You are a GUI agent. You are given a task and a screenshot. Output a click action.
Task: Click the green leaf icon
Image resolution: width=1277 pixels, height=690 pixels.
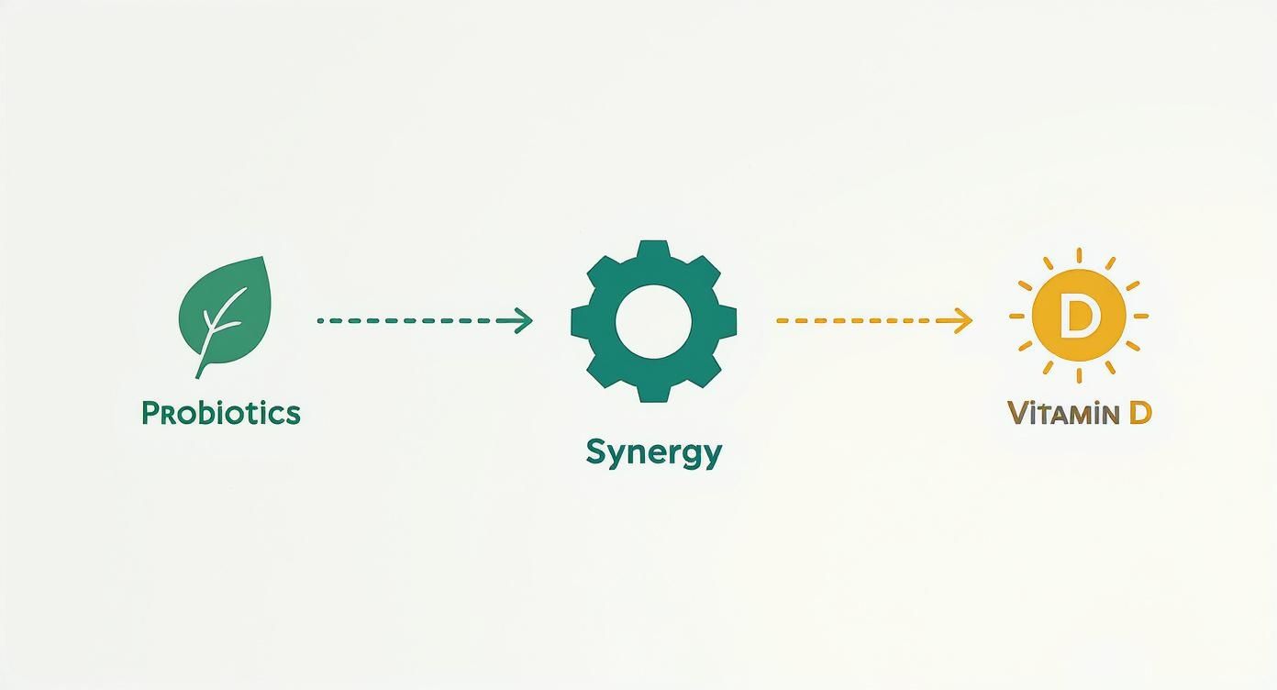point(225,317)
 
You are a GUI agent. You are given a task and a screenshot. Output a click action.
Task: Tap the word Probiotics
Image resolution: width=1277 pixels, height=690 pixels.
point(221,413)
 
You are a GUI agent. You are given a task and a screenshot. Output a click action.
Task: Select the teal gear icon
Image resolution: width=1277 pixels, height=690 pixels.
point(654,321)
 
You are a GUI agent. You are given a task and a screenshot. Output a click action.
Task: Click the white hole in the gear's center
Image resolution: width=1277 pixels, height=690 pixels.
point(654,322)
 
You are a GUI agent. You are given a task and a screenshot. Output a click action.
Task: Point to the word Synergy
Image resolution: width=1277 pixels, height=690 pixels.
point(654,454)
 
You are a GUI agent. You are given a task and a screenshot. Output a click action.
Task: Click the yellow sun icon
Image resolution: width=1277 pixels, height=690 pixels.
point(1079,316)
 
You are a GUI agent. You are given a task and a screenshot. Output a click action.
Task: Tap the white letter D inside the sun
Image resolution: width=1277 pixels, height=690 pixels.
point(1077,316)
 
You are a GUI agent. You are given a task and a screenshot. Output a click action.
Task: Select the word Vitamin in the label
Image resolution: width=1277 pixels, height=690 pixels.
point(1063,414)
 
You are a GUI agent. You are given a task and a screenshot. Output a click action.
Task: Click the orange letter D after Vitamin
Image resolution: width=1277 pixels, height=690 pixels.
point(1140,413)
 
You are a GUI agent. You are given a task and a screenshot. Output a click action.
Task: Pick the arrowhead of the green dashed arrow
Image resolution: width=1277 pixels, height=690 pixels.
point(523,320)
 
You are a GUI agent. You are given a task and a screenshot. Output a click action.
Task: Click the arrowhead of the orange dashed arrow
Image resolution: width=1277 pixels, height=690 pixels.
point(963,320)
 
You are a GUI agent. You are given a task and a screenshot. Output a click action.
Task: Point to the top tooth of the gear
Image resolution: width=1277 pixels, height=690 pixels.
point(653,250)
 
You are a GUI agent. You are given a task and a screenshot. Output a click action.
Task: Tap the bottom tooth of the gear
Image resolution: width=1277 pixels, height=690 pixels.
point(653,393)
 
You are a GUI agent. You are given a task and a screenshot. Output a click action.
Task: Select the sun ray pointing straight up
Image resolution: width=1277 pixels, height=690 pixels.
point(1079,255)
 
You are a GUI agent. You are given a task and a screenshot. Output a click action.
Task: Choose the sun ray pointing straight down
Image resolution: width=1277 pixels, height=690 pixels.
point(1079,376)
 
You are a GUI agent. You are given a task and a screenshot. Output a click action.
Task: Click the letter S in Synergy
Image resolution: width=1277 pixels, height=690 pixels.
point(595,451)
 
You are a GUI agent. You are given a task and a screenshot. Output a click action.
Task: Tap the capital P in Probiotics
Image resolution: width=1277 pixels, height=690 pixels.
point(150,413)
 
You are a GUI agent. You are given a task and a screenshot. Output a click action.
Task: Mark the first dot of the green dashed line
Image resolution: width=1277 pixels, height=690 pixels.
point(320,321)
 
